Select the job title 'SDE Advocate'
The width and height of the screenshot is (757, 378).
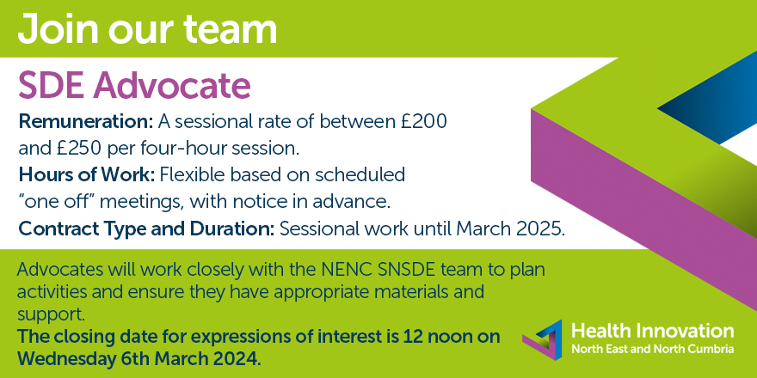click(x=134, y=86)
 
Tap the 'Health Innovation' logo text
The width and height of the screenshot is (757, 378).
click(x=653, y=332)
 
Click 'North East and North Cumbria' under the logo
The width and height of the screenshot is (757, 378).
click(x=653, y=350)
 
